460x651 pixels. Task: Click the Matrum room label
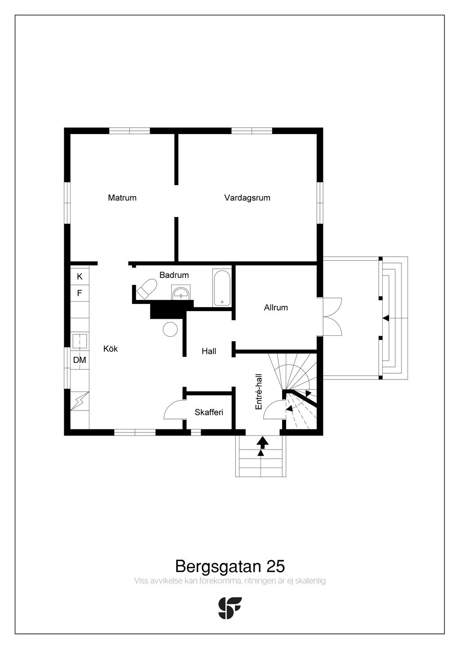coord(122,198)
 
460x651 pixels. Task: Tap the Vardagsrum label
coord(247,198)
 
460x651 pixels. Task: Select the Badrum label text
coord(174,275)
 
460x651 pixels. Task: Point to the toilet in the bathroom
coord(146,289)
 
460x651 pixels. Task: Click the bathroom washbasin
coord(181,292)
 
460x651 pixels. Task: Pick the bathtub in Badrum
coord(222,287)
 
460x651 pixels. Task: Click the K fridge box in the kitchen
coord(80,276)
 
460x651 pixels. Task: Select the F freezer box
coord(80,293)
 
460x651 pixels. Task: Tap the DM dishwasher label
coord(80,360)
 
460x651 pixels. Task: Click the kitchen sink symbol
coord(79,341)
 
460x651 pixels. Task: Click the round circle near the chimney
coord(170,329)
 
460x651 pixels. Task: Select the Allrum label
coord(276,308)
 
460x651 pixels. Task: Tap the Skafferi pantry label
coord(209,412)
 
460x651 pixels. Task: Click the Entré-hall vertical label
coord(258,392)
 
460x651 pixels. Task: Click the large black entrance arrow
coord(262,443)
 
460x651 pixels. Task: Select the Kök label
coord(111,349)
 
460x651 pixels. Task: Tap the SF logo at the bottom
coord(230,608)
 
